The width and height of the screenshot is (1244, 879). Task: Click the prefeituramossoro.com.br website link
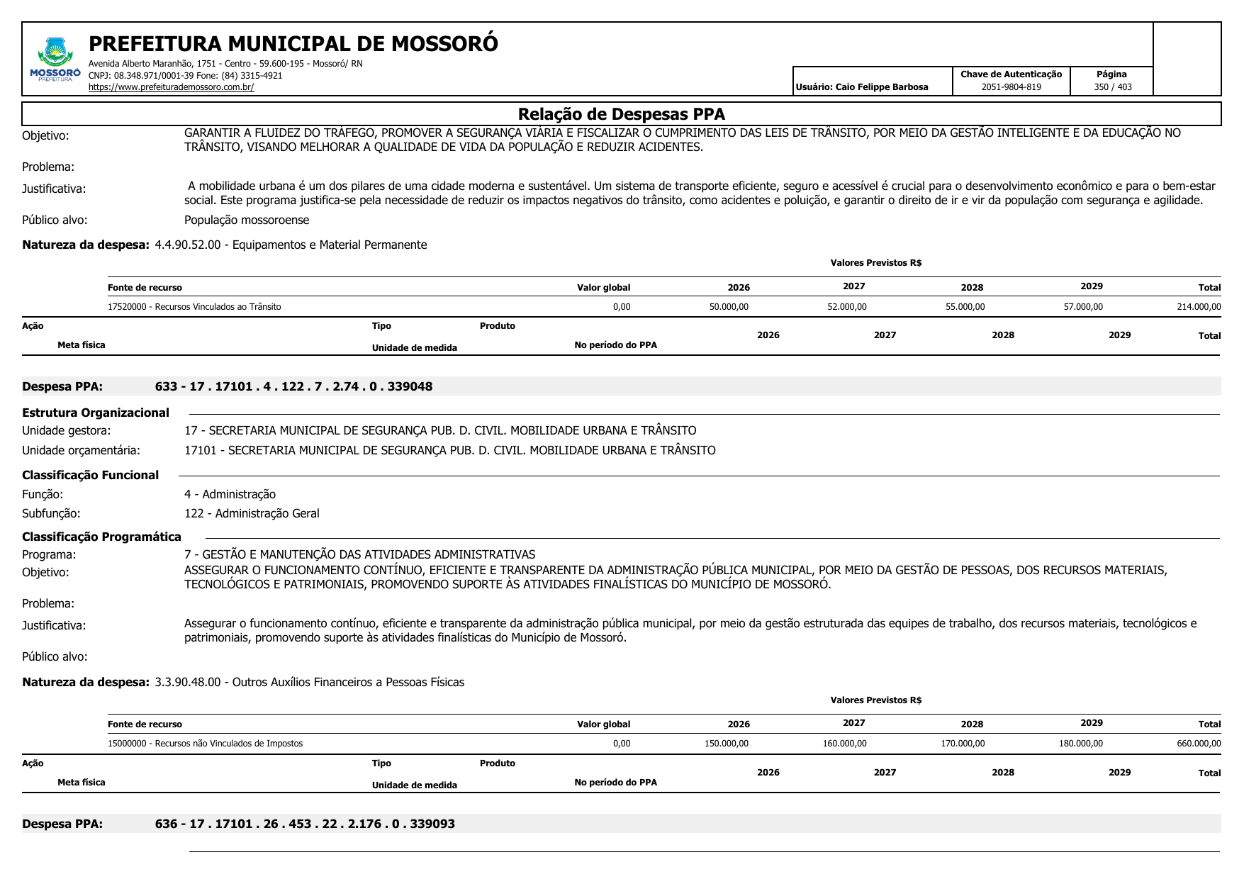click(171, 87)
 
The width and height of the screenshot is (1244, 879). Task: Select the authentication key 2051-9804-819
click(1011, 87)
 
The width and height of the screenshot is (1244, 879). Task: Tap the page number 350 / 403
click(1112, 87)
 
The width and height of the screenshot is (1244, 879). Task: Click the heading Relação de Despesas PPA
click(621, 114)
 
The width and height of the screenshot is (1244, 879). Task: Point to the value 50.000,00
click(729, 307)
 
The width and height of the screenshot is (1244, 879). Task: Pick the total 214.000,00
click(1199, 307)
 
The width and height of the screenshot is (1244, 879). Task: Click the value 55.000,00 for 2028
click(965, 307)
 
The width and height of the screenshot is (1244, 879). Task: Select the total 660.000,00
click(1199, 744)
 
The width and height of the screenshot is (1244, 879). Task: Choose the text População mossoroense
click(247, 220)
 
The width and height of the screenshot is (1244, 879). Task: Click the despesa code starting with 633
click(293, 387)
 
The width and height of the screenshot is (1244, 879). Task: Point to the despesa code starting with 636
click(305, 824)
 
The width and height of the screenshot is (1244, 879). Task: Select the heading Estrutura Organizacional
click(96, 413)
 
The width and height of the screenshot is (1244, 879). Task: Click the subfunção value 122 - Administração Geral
click(252, 514)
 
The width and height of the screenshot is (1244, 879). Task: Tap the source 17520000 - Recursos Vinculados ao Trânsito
click(194, 307)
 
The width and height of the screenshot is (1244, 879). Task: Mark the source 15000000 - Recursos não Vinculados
click(205, 744)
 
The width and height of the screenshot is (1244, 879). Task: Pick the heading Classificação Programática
click(101, 537)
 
